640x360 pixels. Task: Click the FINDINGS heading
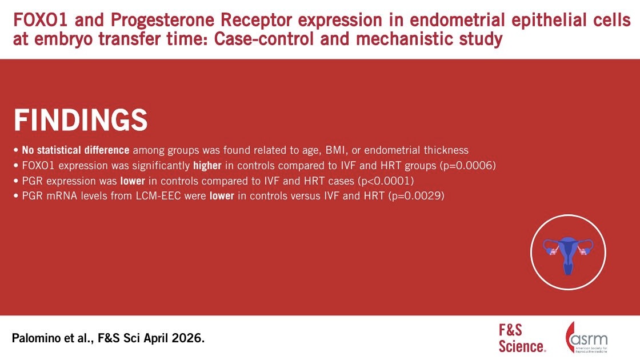[x=81, y=120]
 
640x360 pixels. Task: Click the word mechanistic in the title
[x=399, y=39]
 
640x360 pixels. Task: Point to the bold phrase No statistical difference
[x=75, y=150]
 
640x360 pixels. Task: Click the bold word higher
[x=207, y=166]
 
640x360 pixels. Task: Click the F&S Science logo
[x=522, y=338]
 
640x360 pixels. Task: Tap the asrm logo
[x=587, y=338]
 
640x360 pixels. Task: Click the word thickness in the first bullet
[x=446, y=150]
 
